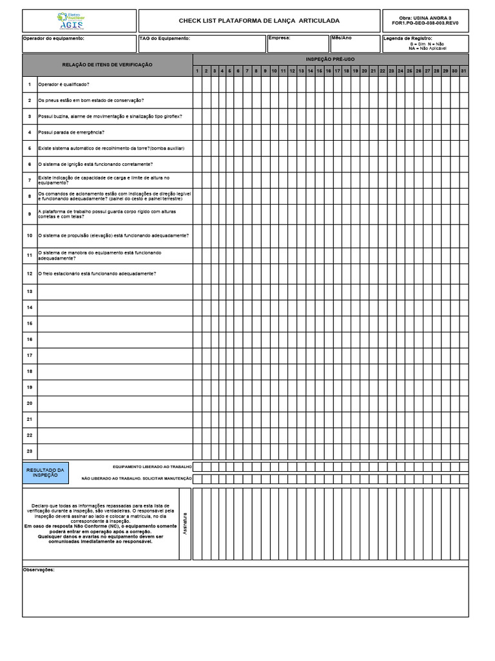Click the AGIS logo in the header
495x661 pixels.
pyautogui.click(x=70, y=21)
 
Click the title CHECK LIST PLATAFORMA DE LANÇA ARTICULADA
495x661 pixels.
pyautogui.click(x=259, y=21)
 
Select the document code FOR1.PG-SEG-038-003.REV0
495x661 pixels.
pyautogui.click(x=425, y=24)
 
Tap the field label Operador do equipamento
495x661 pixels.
pyautogui.click(x=53, y=38)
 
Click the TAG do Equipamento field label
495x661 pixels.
pyautogui.click(x=164, y=38)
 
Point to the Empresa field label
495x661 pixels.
pyautogui.click(x=279, y=37)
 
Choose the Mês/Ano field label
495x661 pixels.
pyautogui.click(x=342, y=37)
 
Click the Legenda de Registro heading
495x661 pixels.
pyautogui.click(x=407, y=39)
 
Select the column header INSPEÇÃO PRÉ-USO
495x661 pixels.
pyautogui.click(x=330, y=59)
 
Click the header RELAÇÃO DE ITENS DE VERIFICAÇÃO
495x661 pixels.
pyautogui.click(x=107, y=65)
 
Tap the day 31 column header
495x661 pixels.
pyautogui.click(x=463, y=70)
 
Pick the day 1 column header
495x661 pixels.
pyautogui.click(x=197, y=70)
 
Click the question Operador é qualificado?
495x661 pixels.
pyautogui.click(x=64, y=85)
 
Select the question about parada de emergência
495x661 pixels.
pyautogui.click(x=72, y=132)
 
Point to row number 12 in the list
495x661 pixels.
pyautogui.click(x=30, y=274)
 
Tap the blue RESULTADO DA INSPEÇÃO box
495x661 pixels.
pyautogui.click(x=45, y=472)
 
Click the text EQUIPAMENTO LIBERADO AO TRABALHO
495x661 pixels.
pyautogui.click(x=152, y=466)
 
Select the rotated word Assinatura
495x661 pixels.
pyautogui.click(x=185, y=524)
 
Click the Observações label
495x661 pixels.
pyautogui.click(x=39, y=570)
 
